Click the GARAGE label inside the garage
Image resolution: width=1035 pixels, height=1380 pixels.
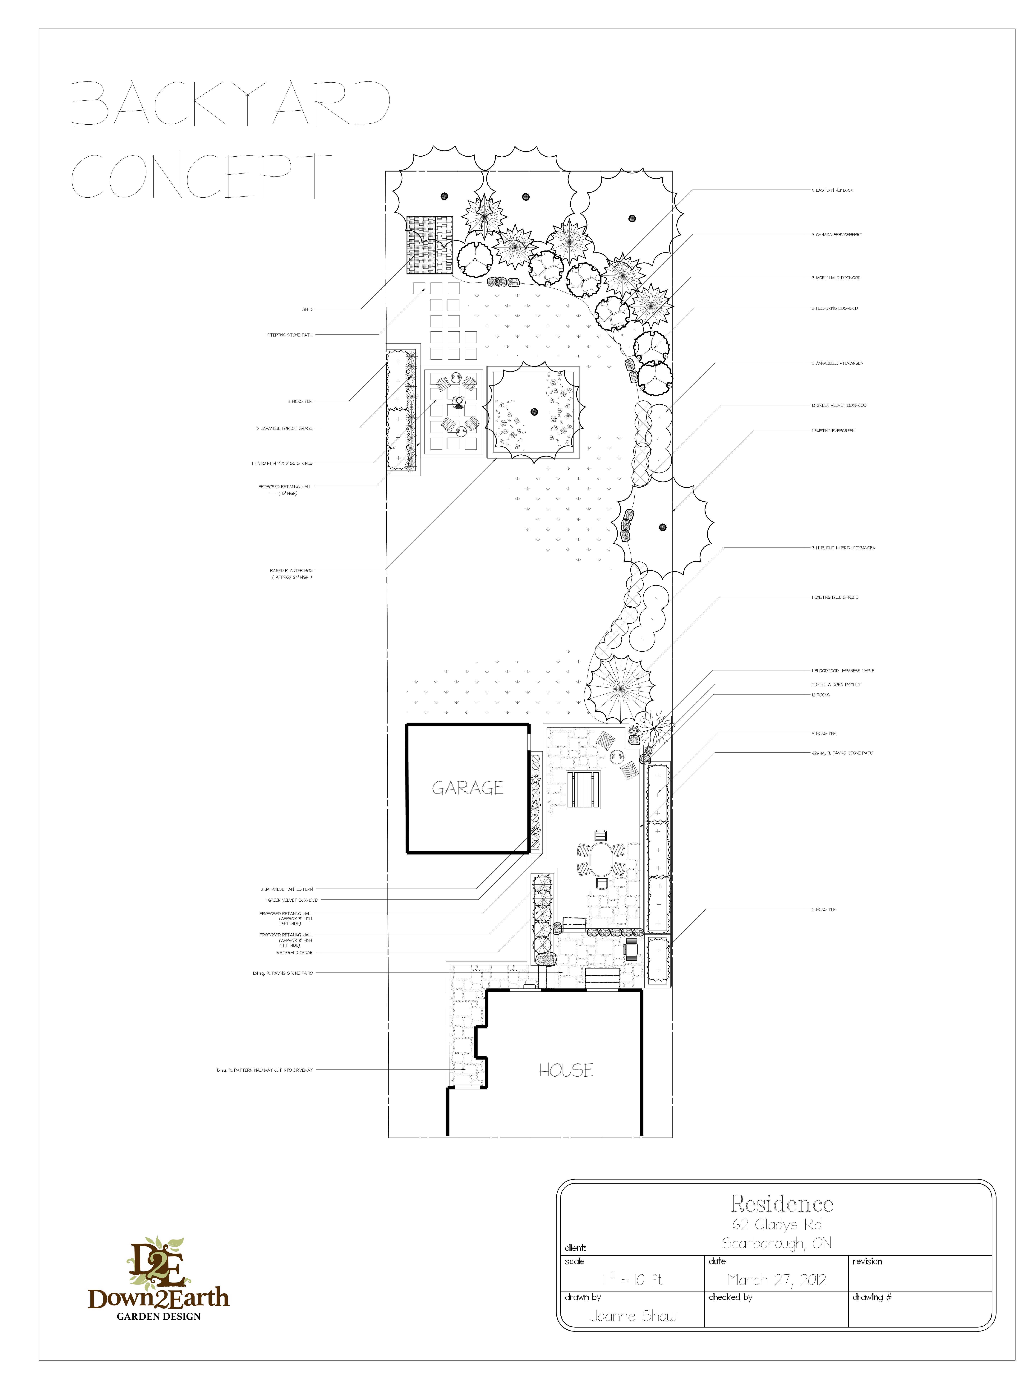[x=467, y=788]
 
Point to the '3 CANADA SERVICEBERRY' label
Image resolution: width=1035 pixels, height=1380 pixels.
[x=837, y=235]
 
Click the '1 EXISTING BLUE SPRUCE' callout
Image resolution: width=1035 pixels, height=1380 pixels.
[x=835, y=597]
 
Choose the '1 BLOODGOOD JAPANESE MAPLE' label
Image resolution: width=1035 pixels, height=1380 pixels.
[x=843, y=671]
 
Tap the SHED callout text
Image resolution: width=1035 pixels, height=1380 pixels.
[x=307, y=309]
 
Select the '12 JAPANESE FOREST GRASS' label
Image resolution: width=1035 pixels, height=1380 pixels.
[x=284, y=429]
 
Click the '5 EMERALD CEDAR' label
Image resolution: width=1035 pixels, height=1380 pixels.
[x=294, y=953]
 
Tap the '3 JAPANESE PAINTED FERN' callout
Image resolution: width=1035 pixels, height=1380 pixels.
[x=286, y=889]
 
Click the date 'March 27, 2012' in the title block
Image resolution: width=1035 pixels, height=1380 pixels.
[x=776, y=1280]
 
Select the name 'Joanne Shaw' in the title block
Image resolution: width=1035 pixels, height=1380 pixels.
[x=633, y=1316]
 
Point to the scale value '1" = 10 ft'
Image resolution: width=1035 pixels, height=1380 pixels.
[x=632, y=1280]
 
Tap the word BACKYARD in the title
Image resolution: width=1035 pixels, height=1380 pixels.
[x=231, y=103]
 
